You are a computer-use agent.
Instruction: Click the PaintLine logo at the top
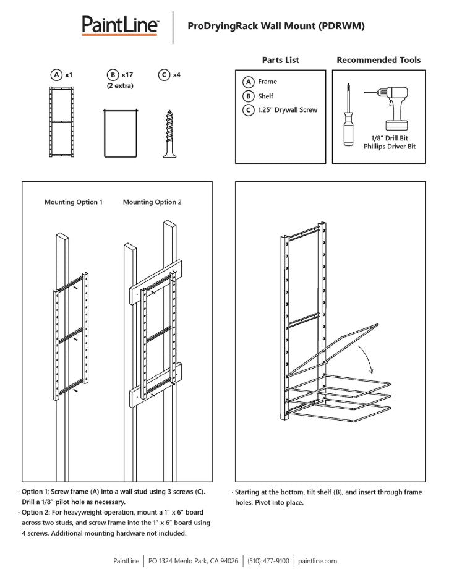coord(121,26)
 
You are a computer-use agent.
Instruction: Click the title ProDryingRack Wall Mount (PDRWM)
coord(276,26)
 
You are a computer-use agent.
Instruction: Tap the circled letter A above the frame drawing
coord(56,75)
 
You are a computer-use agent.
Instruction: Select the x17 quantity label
coord(127,75)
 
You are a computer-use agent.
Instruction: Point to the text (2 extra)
coord(120,85)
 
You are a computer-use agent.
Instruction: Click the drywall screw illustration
coord(169,132)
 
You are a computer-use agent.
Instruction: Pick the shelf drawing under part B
coord(119,132)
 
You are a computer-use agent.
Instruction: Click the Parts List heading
coord(280,60)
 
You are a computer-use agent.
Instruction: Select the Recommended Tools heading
coord(378,60)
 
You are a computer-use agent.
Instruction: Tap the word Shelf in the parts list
coord(265,96)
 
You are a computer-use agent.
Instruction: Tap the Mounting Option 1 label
coord(73,202)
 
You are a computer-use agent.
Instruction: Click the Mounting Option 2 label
coord(152,202)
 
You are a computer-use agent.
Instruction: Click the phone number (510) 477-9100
coord(268,561)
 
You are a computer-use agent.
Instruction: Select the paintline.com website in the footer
coord(317,561)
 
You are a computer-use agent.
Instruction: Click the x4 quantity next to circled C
coord(176,75)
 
